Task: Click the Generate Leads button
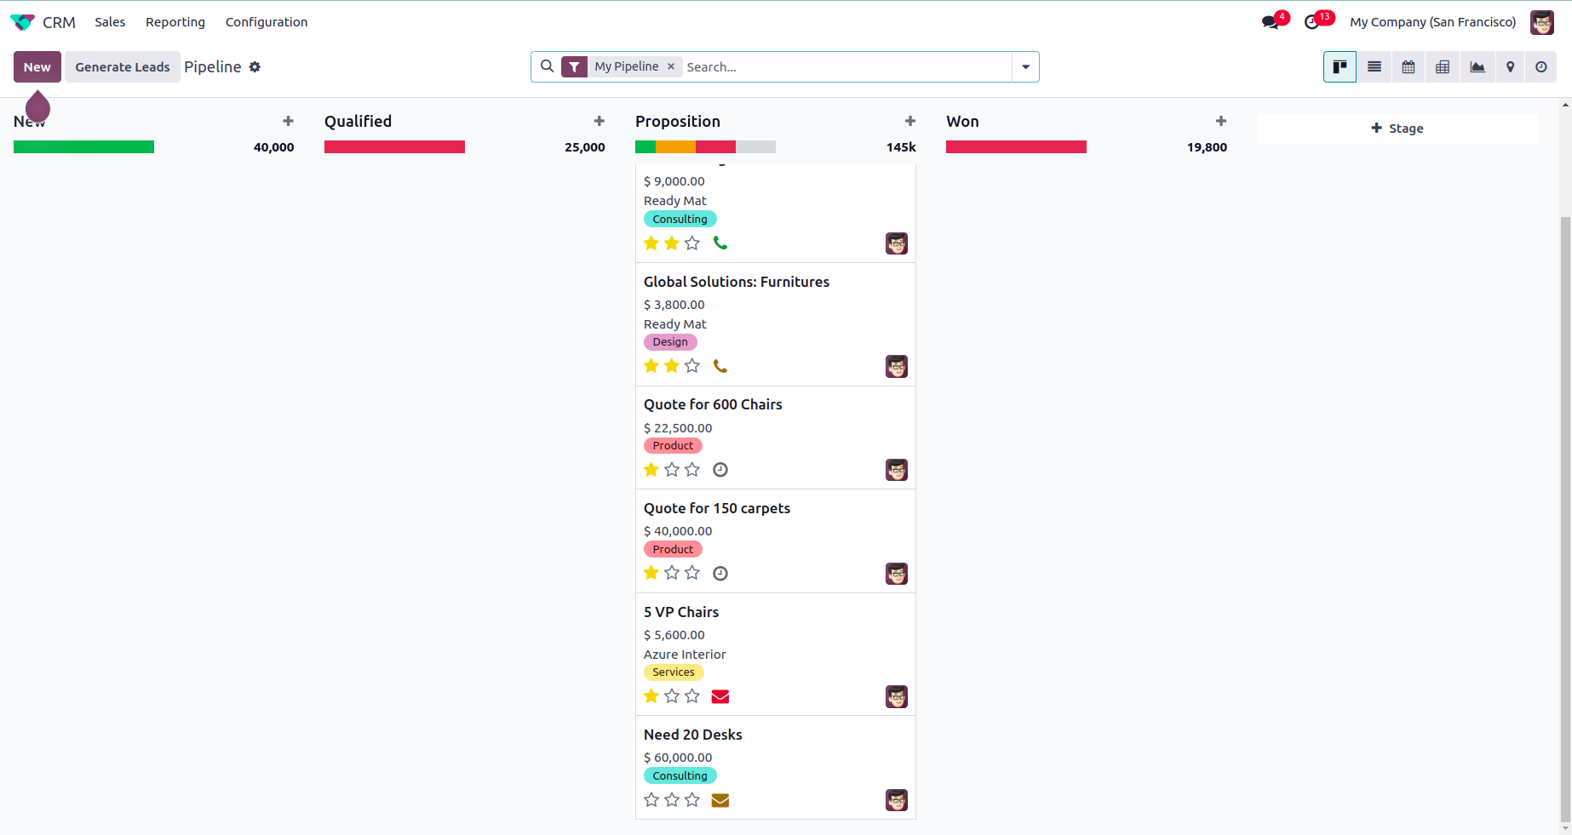122,67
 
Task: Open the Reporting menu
175,22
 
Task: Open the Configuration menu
267,22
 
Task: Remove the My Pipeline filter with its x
671,66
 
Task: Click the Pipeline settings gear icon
255,67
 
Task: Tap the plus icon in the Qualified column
600,122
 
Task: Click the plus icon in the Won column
1221,122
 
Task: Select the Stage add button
1397,129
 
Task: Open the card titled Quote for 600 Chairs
713,404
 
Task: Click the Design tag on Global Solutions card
670,342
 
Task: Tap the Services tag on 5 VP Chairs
674,672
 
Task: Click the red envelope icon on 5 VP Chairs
720,696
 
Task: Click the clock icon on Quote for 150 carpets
720,574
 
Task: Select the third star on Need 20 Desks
692,800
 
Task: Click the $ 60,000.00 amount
678,758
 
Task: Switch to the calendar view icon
1408,67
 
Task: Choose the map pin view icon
1510,67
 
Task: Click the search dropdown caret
1025,67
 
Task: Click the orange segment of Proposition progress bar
675,147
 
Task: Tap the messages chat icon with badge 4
1271,22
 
